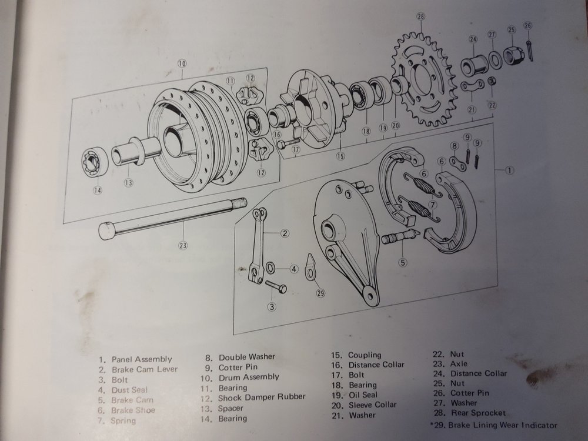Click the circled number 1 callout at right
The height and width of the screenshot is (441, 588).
click(510, 171)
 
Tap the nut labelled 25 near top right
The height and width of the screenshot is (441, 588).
click(511, 53)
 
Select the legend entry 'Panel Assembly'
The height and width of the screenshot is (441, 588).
click(143, 359)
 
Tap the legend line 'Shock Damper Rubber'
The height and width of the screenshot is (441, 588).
click(262, 397)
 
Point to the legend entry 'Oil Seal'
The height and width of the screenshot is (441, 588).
click(363, 395)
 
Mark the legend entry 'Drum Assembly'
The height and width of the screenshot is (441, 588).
click(249, 377)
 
